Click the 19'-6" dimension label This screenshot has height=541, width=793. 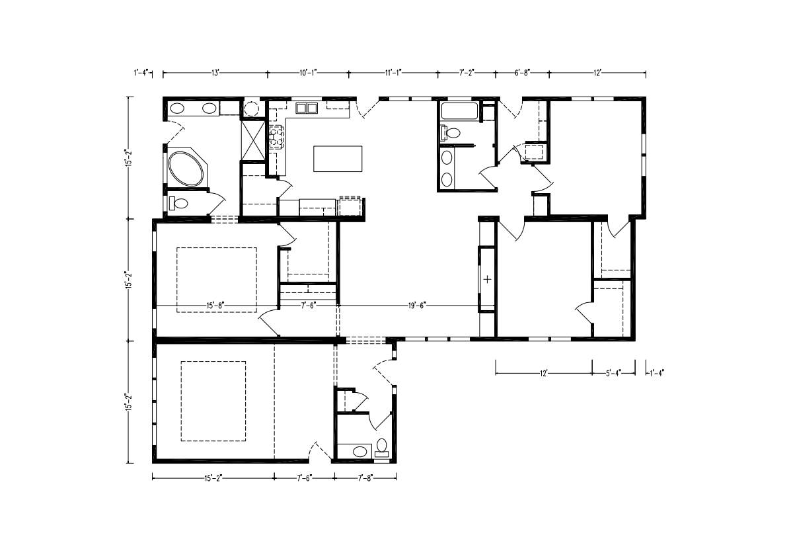417,306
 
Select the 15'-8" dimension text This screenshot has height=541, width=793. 215,306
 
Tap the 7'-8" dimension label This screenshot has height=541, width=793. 365,478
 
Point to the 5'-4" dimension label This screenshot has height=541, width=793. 613,373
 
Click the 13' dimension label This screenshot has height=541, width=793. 215,73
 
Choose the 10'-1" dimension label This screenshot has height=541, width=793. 308,73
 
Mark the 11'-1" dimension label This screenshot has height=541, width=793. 393,73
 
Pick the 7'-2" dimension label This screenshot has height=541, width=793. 467,73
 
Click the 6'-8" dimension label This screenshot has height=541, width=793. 522,73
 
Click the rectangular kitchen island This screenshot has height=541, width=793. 338,159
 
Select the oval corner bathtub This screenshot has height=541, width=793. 186,169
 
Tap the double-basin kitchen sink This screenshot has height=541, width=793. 306,108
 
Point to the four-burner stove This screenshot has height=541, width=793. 276,137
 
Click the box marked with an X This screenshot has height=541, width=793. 253,141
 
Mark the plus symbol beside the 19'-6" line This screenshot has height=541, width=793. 488,279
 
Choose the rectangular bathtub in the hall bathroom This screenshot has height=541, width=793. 459,111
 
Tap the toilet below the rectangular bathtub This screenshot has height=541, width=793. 450,133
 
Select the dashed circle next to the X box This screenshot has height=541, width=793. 252,108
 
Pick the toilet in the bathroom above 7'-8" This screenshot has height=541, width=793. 382,448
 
